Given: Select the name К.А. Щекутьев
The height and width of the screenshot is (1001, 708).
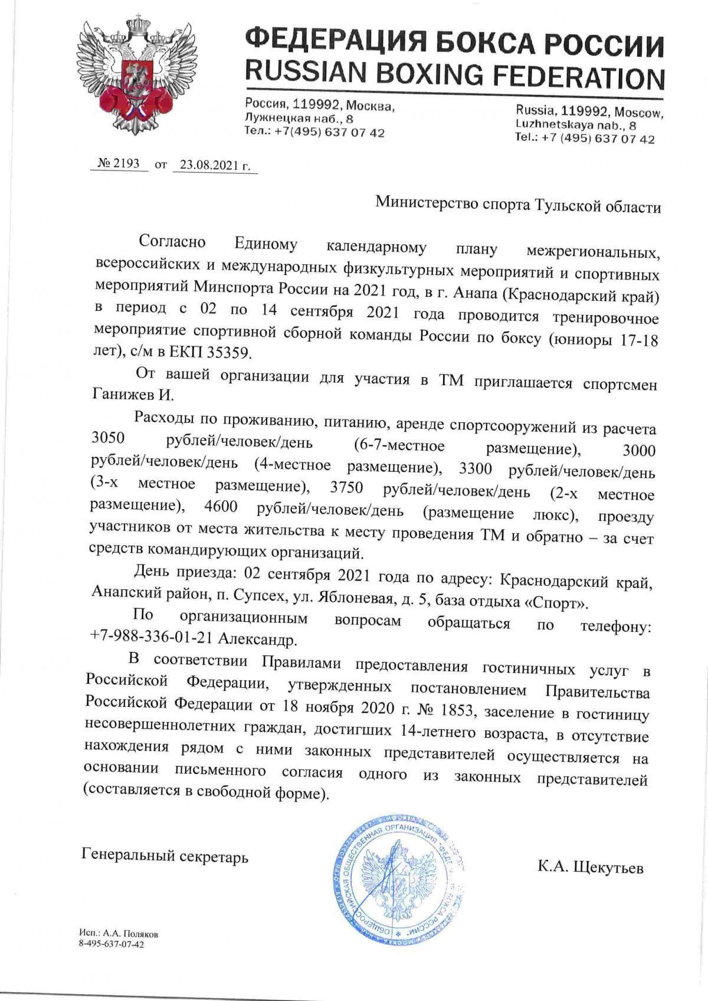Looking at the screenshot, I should (x=590, y=868).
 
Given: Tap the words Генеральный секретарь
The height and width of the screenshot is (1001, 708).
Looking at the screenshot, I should (x=165, y=856).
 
